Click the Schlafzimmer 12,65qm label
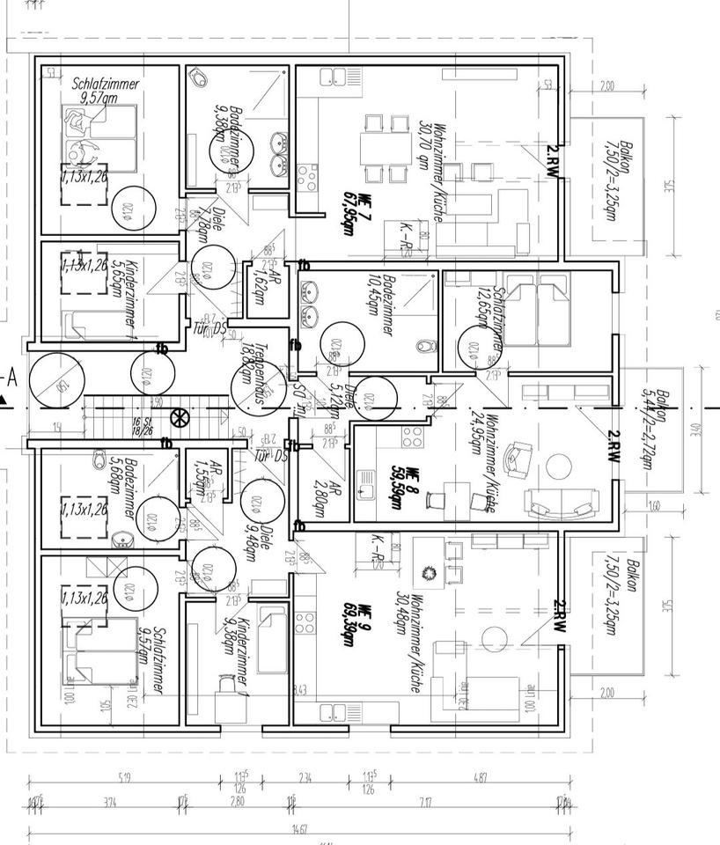[498, 318]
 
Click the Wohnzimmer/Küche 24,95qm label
[483, 450]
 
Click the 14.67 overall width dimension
[300, 829]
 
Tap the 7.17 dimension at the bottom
[426, 803]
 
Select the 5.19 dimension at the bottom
[123, 778]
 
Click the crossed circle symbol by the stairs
[179, 417]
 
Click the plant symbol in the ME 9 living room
[430, 573]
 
